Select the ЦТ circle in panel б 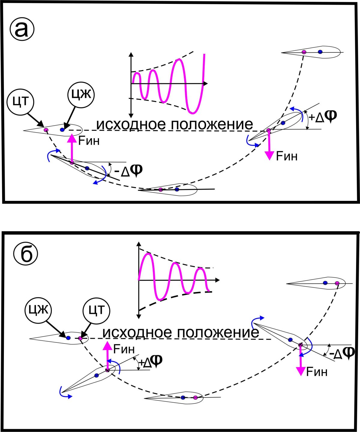click(97, 310)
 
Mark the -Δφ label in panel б click(342, 353)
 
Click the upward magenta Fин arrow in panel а click(72, 148)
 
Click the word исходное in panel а click(131, 124)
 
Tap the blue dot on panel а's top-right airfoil click(320, 52)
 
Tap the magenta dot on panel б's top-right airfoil click(337, 283)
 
